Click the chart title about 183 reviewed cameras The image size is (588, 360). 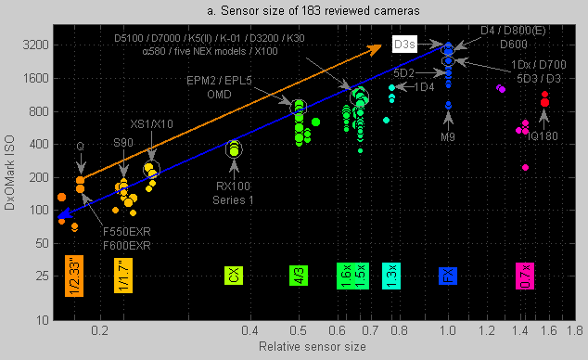click(x=294, y=9)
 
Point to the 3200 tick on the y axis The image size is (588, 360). click(x=38, y=45)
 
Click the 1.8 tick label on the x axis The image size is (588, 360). click(x=573, y=330)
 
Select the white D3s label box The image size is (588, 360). click(x=405, y=44)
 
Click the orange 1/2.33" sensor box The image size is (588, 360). click(x=75, y=276)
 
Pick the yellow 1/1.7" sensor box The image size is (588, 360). click(x=124, y=276)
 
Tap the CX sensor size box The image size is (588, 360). click(x=234, y=276)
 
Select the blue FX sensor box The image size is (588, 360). click(x=448, y=276)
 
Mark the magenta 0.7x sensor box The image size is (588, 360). click(x=525, y=276)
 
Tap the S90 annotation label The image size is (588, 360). click(x=122, y=142)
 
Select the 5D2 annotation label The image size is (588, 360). click(x=404, y=71)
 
